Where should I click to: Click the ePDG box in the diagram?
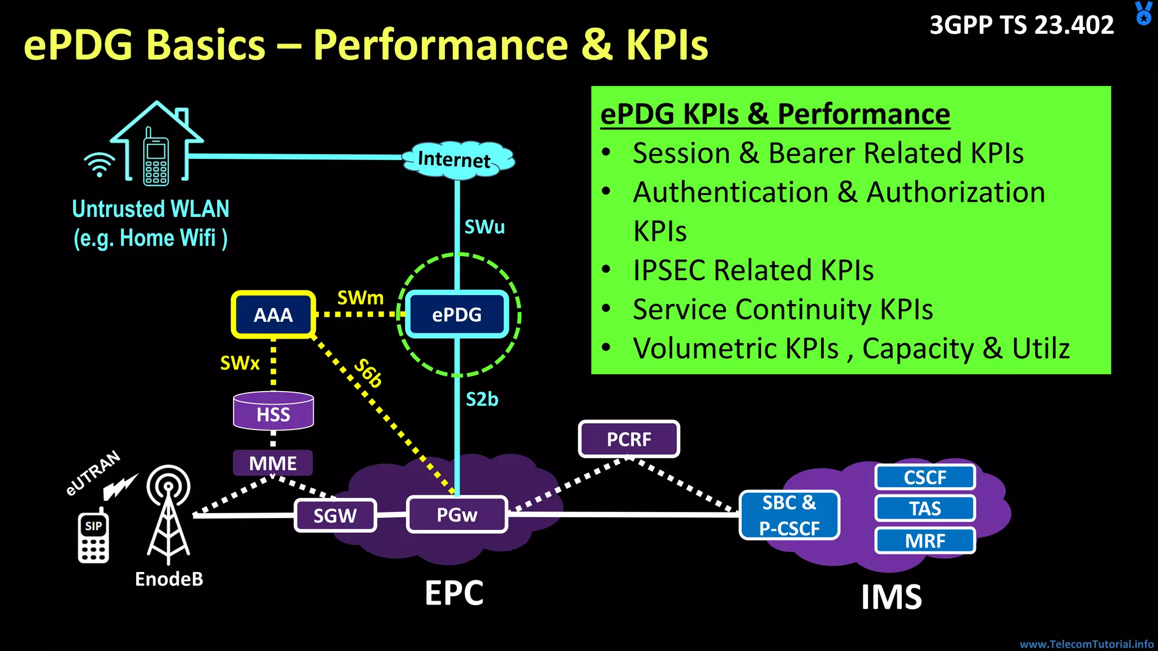pyautogui.click(x=457, y=315)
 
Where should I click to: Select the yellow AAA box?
pyautogui.click(x=273, y=315)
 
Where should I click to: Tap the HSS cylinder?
pyautogui.click(x=273, y=411)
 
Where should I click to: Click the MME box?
pyautogui.click(x=273, y=463)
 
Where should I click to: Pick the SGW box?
pyautogui.click(x=335, y=515)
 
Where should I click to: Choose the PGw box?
pyautogui.click(x=457, y=515)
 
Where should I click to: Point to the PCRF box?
pyautogui.click(x=629, y=439)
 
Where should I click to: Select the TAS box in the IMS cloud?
pyautogui.click(x=925, y=509)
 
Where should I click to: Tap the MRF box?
pyautogui.click(x=925, y=541)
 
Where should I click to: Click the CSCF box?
pyautogui.click(x=925, y=478)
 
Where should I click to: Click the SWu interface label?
pyautogui.click(x=484, y=227)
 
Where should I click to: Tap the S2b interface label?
pyautogui.click(x=482, y=400)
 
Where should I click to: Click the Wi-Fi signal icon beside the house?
pyautogui.click(x=100, y=164)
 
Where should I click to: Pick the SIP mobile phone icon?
pyautogui.click(x=93, y=537)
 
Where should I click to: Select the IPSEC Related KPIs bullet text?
pyautogui.click(x=753, y=270)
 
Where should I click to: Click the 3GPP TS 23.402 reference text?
pyautogui.click(x=1022, y=25)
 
